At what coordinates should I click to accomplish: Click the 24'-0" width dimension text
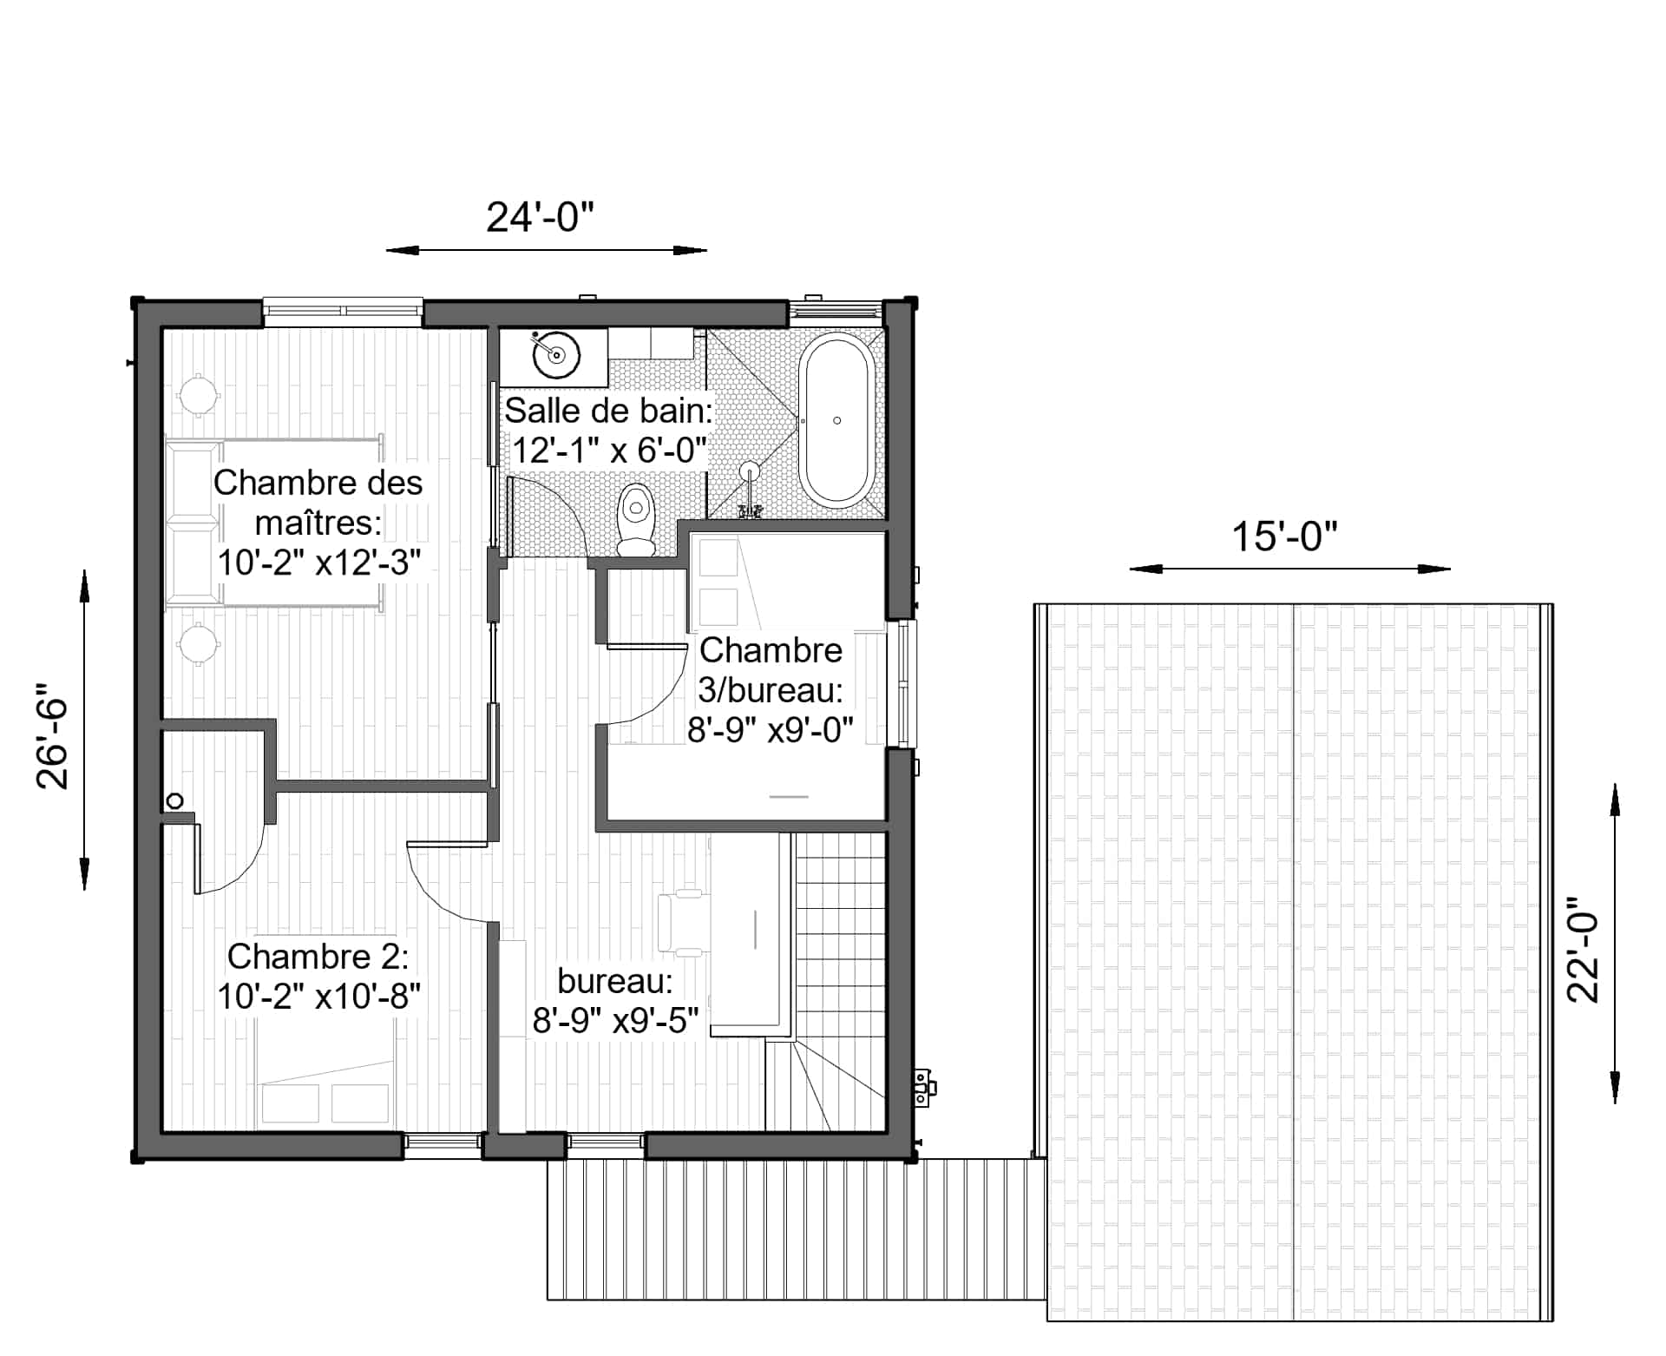[540, 217]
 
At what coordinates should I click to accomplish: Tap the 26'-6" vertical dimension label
[52, 743]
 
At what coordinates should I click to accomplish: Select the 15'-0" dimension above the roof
[1284, 536]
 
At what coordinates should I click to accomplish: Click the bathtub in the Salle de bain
[836, 421]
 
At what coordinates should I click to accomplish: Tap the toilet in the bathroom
[636, 519]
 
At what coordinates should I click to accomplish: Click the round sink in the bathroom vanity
[555, 354]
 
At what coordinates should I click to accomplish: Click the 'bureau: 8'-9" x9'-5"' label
[615, 1000]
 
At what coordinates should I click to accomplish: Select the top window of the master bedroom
[343, 310]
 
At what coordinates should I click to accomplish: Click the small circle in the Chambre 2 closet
[175, 800]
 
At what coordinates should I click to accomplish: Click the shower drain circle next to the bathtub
[750, 471]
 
